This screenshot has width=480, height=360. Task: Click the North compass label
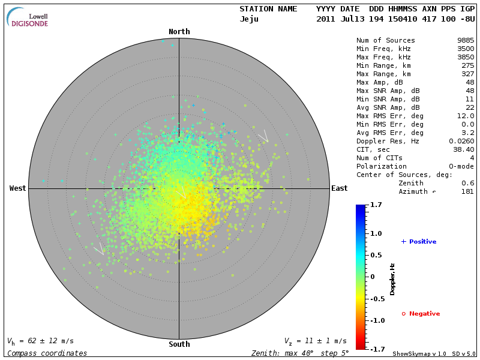point(179,32)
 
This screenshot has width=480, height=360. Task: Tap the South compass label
point(179,344)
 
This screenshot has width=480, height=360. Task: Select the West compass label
point(17,188)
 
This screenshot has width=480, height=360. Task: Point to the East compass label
point(339,188)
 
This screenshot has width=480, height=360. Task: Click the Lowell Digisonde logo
point(28,17)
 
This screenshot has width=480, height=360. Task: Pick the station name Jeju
point(249,19)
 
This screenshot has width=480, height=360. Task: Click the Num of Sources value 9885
point(466,41)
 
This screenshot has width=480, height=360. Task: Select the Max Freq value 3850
point(466,58)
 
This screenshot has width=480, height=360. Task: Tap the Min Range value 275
point(467,66)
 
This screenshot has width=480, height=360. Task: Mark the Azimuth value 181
point(467,192)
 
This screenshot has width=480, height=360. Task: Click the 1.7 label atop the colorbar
point(376,205)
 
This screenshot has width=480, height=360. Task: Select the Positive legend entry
point(419,242)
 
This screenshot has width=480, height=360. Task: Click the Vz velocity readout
point(315,341)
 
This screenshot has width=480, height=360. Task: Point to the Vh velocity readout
point(41,341)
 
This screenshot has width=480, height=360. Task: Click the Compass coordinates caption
point(47,353)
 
